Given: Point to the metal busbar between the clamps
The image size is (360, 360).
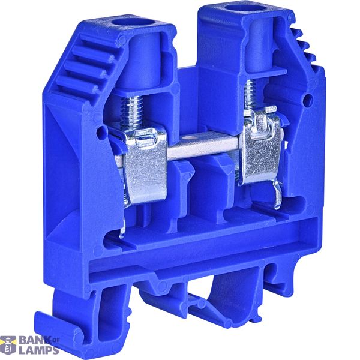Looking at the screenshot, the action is (202, 145).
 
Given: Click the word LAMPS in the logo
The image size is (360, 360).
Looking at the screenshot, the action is (38, 350).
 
